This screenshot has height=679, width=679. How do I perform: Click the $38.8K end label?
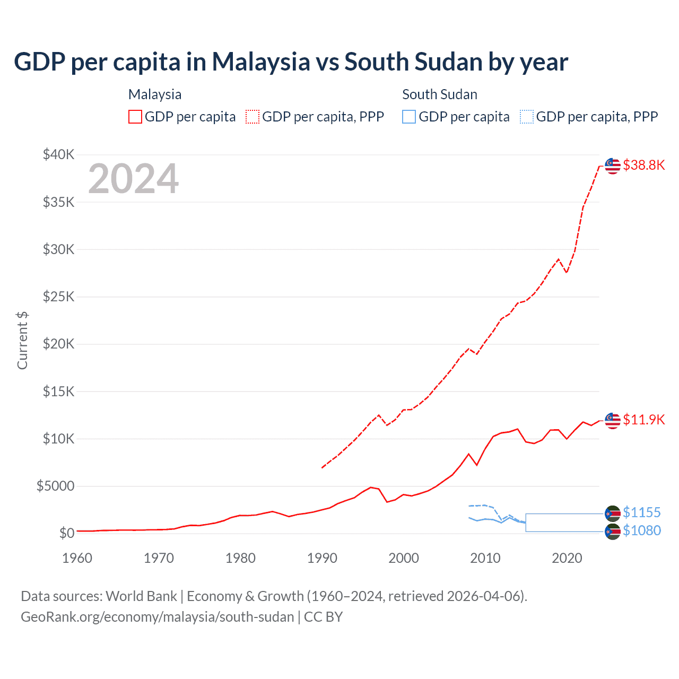coord(643,165)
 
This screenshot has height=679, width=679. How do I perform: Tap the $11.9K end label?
coord(643,420)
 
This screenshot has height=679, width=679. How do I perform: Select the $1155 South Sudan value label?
coord(641,512)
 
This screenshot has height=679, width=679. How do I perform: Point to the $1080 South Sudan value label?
coord(641,530)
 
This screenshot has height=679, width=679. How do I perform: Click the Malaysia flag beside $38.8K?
coord(613,166)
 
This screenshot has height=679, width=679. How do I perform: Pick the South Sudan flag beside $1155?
coord(613,513)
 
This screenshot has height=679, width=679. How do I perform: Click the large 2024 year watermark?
coord(133,179)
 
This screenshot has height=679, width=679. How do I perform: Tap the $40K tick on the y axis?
coord(59,155)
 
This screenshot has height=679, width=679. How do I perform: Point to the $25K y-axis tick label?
coord(59,297)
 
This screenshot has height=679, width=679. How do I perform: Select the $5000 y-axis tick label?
coord(55,486)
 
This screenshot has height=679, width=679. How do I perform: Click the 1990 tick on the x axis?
coord(322,558)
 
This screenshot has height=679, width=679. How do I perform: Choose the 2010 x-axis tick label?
coord(485,558)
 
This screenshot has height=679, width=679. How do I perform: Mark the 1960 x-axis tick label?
coord(77,558)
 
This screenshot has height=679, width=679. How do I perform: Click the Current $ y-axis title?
coord(22,340)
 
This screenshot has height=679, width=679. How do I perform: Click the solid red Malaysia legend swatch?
coord(135,117)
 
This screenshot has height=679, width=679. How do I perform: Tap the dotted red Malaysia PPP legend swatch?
coord(253,117)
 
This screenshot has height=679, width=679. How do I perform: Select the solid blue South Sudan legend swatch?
coord(409,117)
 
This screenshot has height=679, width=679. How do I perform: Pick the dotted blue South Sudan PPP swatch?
coord(526,117)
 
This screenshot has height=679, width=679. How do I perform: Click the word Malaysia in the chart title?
coord(261,62)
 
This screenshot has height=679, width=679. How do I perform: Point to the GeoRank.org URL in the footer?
coord(157,617)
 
